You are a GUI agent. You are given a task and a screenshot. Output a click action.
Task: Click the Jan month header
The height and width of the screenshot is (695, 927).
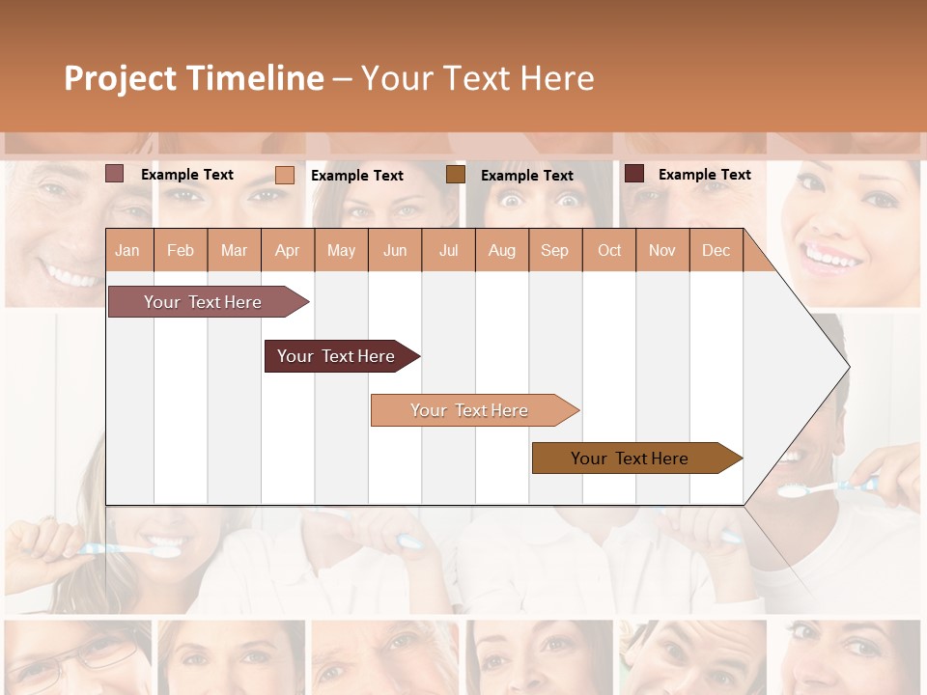pyautogui.click(x=127, y=250)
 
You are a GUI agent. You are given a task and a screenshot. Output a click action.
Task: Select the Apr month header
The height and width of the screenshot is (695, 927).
pyautogui.click(x=288, y=250)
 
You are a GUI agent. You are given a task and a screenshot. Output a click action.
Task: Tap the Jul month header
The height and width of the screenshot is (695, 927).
pyautogui.click(x=448, y=250)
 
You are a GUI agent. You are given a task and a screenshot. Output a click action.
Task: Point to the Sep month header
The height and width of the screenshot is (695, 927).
pyautogui.click(x=554, y=250)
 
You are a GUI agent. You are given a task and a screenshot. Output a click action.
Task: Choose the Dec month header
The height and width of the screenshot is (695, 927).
pyautogui.click(x=716, y=250)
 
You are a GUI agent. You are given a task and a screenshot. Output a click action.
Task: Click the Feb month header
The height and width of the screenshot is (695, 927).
pyautogui.click(x=181, y=250)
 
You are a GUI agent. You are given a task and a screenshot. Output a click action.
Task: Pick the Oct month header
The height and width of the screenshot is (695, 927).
pyautogui.click(x=609, y=250)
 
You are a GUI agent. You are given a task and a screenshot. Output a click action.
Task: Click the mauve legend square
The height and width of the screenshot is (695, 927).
pyautogui.click(x=115, y=174)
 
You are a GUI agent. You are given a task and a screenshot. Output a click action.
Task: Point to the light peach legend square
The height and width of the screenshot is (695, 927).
pyautogui.click(x=285, y=175)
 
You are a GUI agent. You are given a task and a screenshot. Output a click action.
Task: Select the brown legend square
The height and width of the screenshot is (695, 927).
pyautogui.click(x=456, y=174)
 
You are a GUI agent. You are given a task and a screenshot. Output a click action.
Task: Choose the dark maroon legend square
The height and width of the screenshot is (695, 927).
pyautogui.click(x=634, y=174)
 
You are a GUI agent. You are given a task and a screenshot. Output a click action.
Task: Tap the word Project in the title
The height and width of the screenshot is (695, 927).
pyautogui.click(x=120, y=78)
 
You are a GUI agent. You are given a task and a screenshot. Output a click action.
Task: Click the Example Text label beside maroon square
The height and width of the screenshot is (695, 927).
pyautogui.click(x=704, y=175)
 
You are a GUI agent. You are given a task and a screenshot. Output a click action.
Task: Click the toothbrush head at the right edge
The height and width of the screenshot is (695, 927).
pyautogui.click(x=793, y=491)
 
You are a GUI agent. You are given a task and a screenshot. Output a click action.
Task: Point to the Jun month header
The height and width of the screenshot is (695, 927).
pyautogui.click(x=395, y=250)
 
